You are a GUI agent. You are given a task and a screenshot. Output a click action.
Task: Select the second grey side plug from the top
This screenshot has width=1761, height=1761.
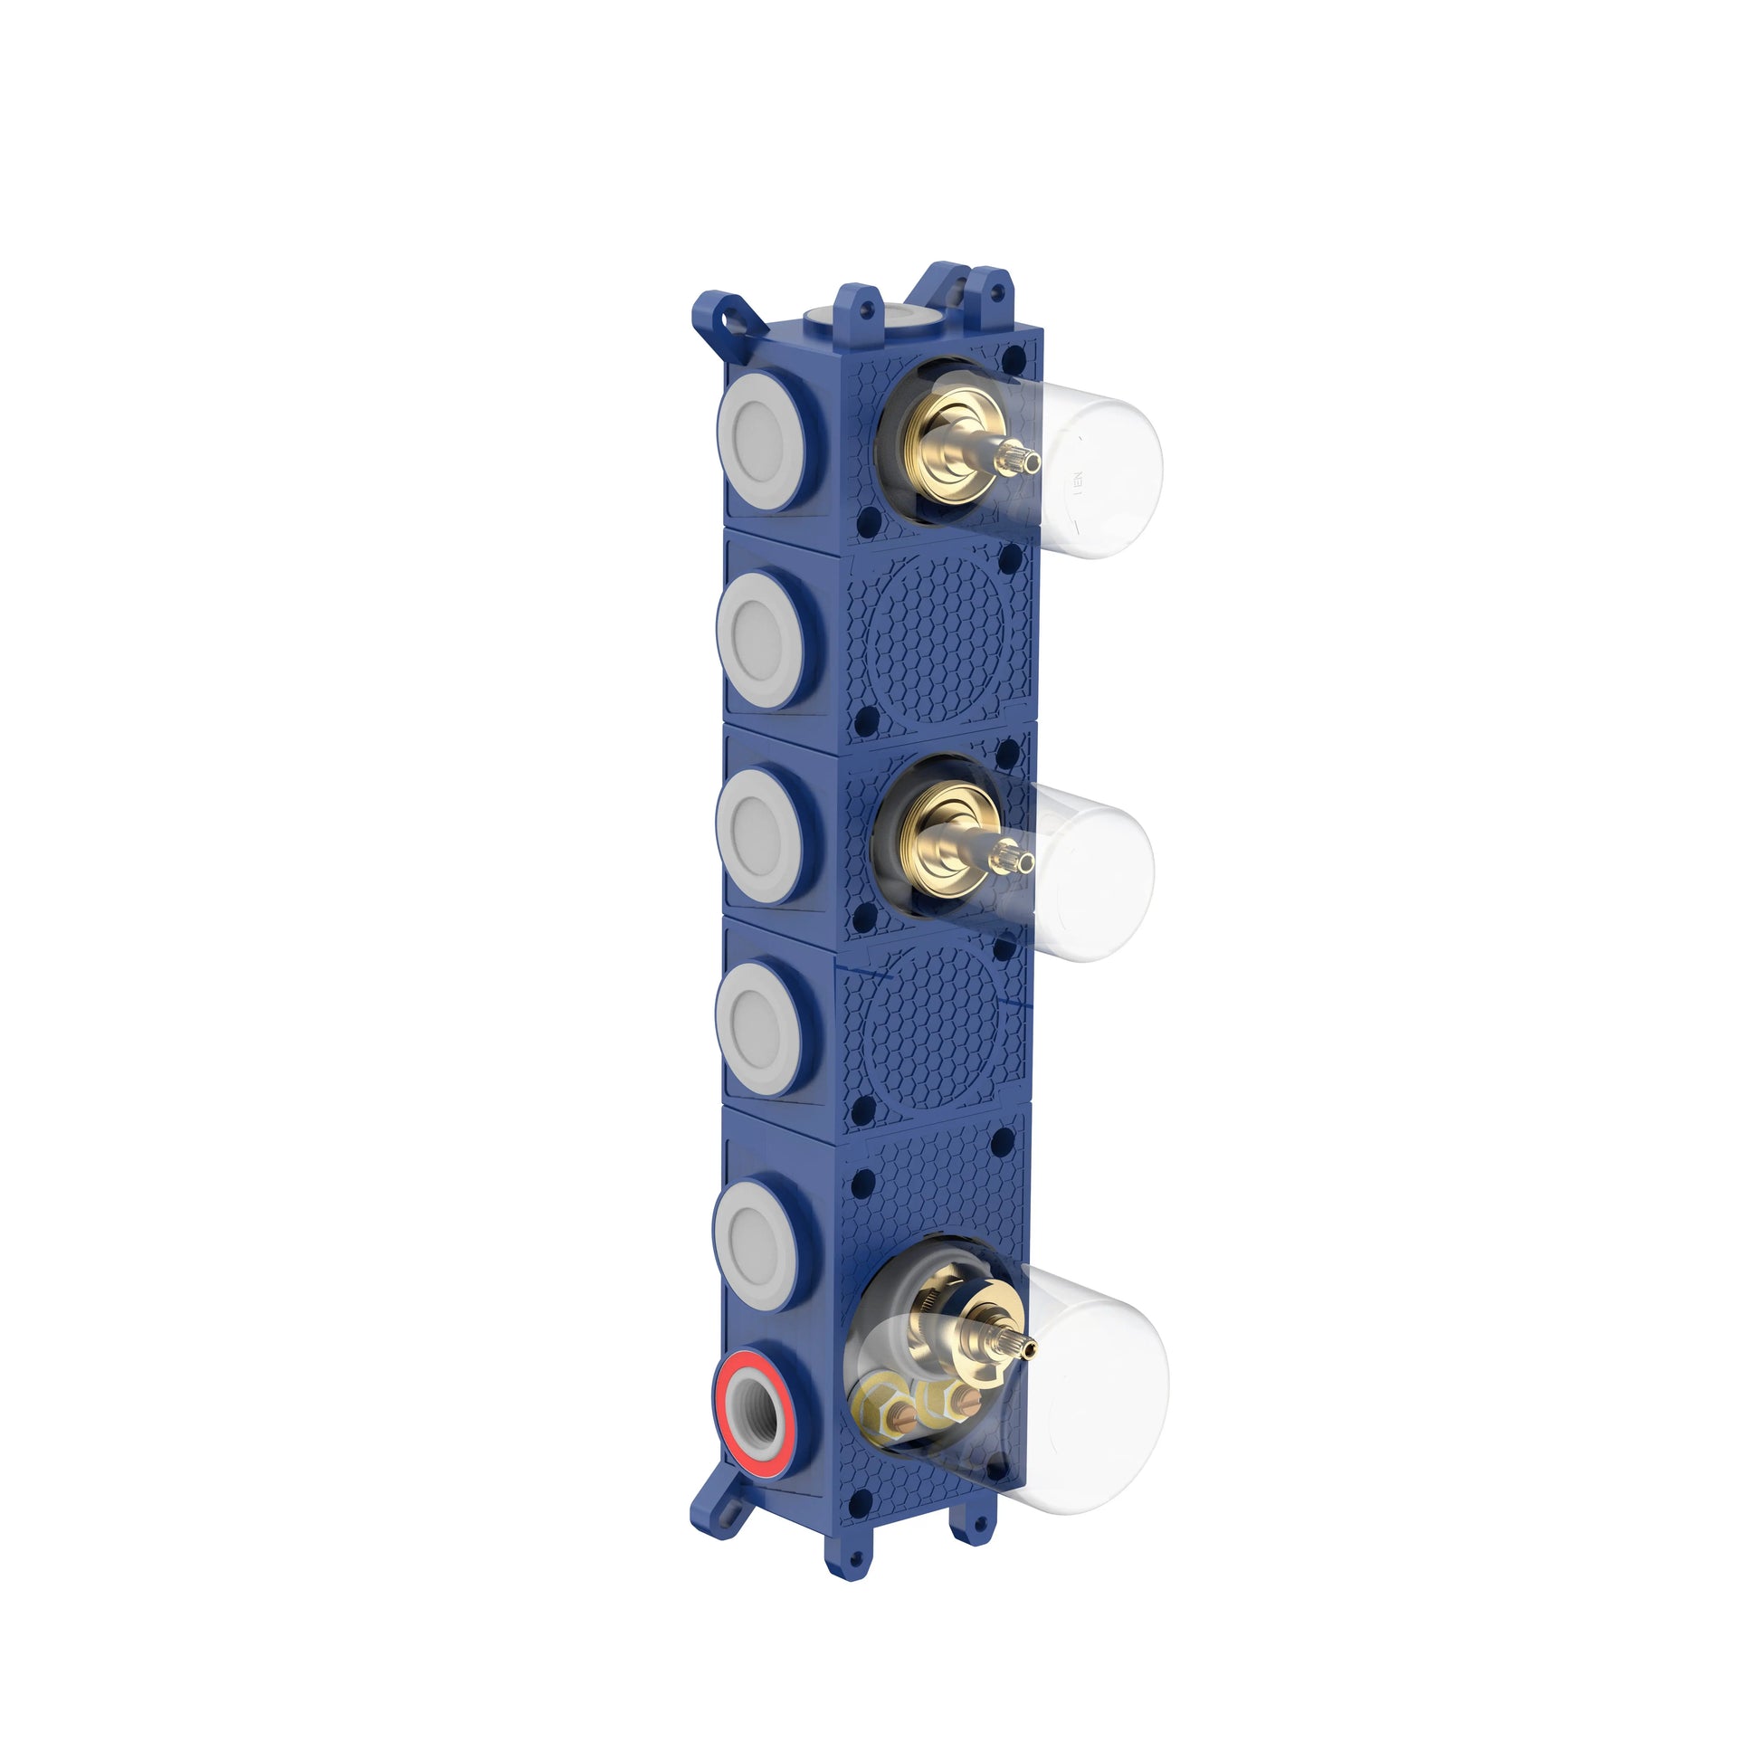pyautogui.click(x=761, y=639)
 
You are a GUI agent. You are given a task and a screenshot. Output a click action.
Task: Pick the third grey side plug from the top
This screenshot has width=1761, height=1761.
pyautogui.click(x=759, y=834)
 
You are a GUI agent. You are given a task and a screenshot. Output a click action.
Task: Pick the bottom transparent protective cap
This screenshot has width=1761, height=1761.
pyautogui.click(x=1103, y=1395)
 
